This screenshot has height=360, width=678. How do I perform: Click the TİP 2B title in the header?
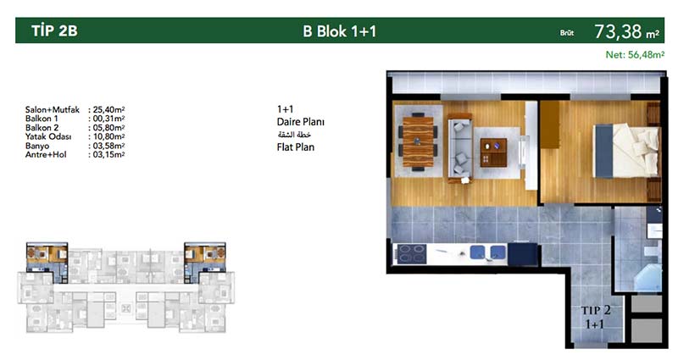tap(54, 30)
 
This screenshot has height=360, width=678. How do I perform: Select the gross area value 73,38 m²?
tap(626, 31)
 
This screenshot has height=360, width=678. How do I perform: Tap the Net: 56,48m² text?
tap(635, 55)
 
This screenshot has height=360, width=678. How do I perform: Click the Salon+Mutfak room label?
tap(53, 110)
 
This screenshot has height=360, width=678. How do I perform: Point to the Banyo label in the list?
tap(37, 146)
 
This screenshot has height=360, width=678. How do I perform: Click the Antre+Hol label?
tap(46, 154)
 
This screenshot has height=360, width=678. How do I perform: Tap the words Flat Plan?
tap(296, 147)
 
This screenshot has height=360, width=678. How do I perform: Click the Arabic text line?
tap(294, 135)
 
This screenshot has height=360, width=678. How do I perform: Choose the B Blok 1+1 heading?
tap(340, 31)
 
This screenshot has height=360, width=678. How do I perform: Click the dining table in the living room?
tap(418, 141)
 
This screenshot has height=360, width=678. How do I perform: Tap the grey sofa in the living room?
tap(459, 147)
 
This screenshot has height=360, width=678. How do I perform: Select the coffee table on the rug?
tap(493, 152)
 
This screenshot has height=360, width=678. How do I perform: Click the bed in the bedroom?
tap(626, 151)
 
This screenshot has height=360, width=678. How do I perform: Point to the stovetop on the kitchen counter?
tap(412, 253)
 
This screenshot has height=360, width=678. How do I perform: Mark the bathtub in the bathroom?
tap(647, 278)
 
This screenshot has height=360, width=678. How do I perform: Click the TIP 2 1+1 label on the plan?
tap(596, 316)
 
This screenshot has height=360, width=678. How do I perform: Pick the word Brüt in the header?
tap(567, 33)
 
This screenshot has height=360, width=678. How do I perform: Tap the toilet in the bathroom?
tap(651, 251)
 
